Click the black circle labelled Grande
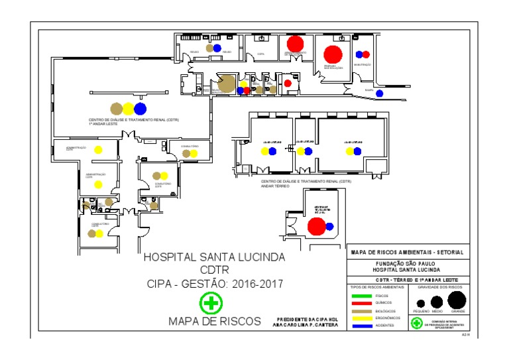tap(457, 300)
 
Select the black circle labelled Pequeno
tap(420, 304)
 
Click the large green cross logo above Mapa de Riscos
tap(211, 304)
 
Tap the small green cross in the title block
tap(416, 324)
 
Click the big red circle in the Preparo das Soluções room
tap(333, 54)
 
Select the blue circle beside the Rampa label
tap(380, 93)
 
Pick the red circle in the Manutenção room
tap(359, 54)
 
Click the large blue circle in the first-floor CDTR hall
tap(139, 109)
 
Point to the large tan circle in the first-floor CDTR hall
tap(117, 109)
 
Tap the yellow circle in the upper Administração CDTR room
tap(98, 149)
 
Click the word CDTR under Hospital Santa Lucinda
tap(214, 270)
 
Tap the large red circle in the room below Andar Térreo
tap(317, 227)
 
